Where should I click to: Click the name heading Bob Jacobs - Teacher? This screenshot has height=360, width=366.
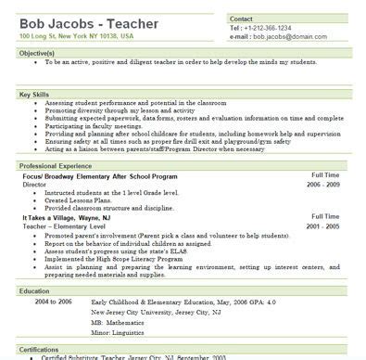tap(83, 20)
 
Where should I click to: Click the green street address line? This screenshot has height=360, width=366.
tap(76, 35)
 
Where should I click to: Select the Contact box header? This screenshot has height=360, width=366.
tap(242, 18)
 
